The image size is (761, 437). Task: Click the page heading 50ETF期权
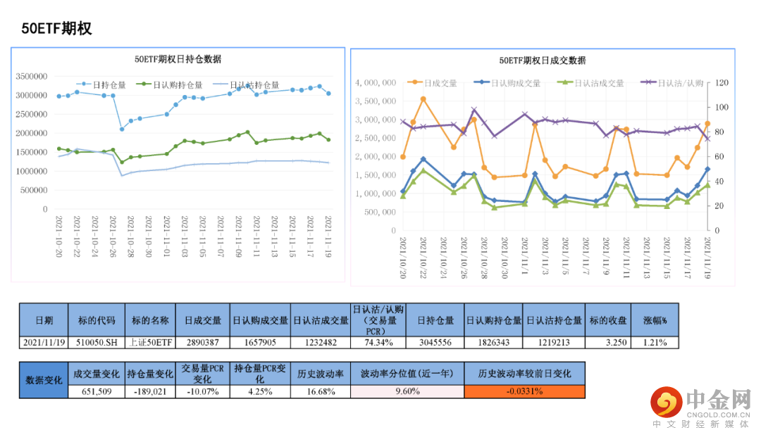(56, 29)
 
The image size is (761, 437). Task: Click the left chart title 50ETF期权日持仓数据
(178, 59)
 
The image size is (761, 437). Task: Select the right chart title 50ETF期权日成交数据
(542, 61)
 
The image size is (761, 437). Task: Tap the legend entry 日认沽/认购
(680, 83)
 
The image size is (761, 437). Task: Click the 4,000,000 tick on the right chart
(376, 83)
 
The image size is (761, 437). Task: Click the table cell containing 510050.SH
(97, 342)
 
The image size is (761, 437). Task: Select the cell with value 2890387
(204, 342)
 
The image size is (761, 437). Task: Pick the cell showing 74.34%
(378, 342)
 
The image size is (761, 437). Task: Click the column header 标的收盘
(607, 320)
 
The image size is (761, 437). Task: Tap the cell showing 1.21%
(655, 342)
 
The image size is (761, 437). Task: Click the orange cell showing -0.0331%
(524, 392)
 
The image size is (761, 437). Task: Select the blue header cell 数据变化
(44, 380)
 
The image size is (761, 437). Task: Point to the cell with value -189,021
(149, 392)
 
